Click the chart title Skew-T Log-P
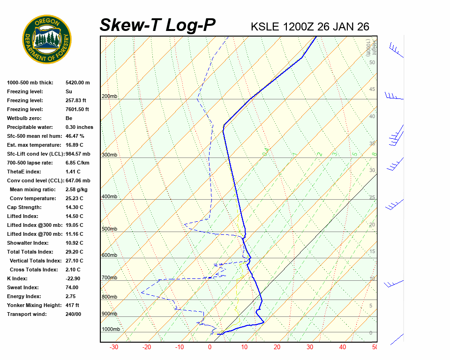point(157,25)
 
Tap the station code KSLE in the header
point(265,26)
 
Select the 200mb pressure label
point(110,97)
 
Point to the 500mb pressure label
point(110,229)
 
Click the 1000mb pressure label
point(111,330)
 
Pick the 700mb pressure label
point(110,278)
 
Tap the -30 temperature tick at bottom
point(113,347)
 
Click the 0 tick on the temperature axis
point(210,347)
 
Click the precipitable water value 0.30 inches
point(79,127)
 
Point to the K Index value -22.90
point(74,278)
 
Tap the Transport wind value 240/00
point(73,314)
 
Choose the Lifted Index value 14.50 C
point(75,216)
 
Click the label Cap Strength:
point(24,207)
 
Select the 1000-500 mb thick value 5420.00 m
point(78,82)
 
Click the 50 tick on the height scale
point(372,62)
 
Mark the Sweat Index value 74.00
point(72,287)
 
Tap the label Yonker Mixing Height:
point(32,305)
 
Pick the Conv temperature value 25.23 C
point(75,198)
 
